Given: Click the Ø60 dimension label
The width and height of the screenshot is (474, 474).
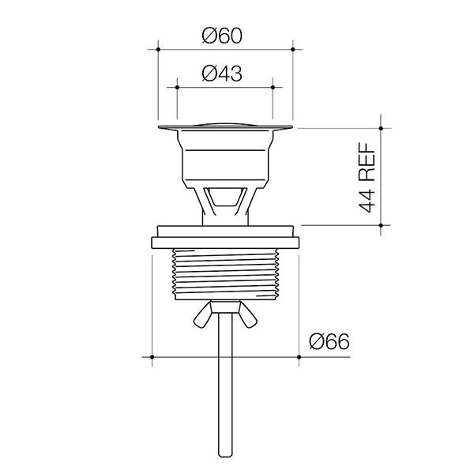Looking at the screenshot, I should (x=221, y=35).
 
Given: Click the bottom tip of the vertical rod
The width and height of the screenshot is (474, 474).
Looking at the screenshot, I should (x=225, y=456).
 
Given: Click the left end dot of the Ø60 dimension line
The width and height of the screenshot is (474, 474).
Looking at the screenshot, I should (x=158, y=49).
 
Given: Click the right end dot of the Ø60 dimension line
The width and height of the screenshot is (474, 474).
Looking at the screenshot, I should (x=293, y=49).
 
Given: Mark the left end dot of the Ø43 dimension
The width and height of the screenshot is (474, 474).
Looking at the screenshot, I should (x=177, y=87).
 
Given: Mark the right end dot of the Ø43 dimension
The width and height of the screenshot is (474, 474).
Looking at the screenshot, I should (x=273, y=87).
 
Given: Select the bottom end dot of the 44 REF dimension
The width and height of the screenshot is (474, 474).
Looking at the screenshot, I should (x=382, y=225).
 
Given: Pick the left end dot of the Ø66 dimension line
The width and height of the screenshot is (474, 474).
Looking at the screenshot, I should (x=152, y=357).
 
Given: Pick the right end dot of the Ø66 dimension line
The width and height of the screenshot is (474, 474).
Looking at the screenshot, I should (x=299, y=357).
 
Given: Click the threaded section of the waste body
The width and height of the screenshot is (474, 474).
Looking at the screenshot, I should (x=225, y=273).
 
